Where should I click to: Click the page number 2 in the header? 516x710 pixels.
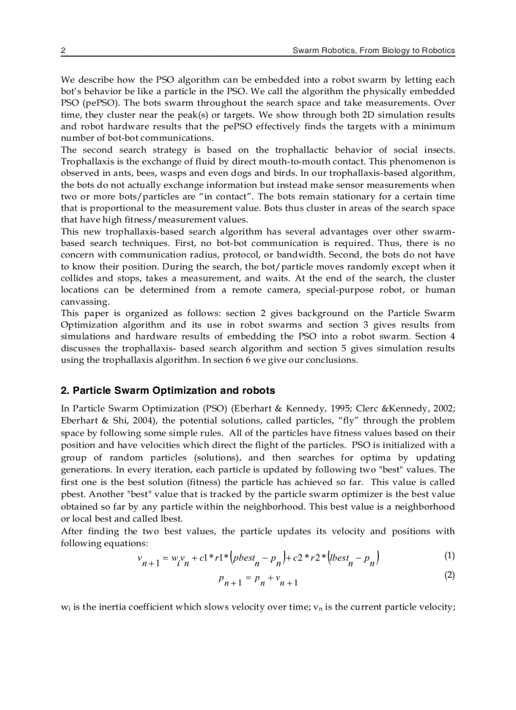[63, 50]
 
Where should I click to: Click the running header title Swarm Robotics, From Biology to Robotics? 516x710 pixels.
[373, 50]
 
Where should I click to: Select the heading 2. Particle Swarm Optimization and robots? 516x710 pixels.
[168, 390]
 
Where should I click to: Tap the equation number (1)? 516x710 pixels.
[449, 556]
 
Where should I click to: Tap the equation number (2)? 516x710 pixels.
[449, 575]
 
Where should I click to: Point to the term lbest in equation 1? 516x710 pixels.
[339, 558]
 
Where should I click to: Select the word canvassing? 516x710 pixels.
[84, 302]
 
